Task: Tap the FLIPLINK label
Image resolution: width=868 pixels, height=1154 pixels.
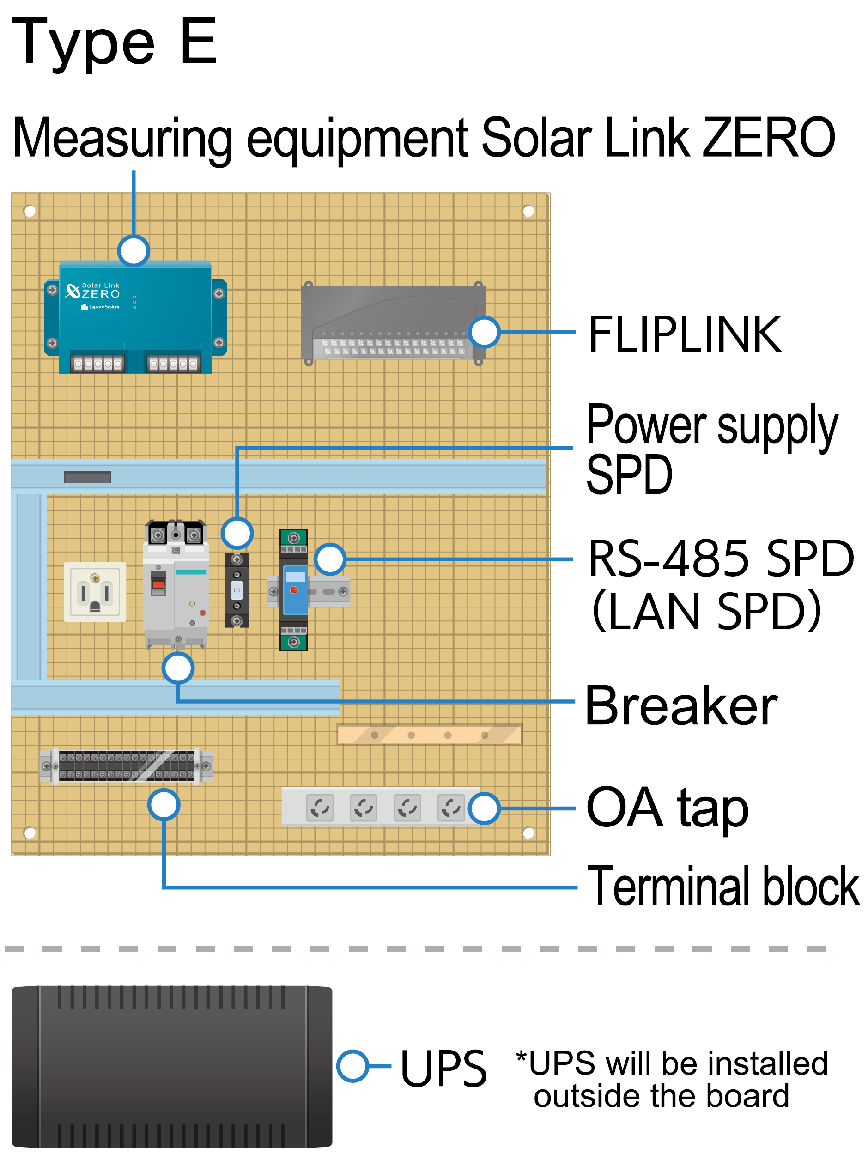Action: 685,334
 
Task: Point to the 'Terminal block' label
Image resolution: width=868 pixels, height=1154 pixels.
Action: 723,887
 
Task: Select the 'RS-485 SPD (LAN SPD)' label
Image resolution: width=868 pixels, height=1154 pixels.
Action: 720,584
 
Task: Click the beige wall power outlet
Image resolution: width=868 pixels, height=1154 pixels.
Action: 95,592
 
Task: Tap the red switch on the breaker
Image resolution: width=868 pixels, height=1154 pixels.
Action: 158,584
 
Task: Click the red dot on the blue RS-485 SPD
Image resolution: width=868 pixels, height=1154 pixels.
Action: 294,590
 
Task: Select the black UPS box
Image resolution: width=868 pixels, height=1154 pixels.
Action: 172,1066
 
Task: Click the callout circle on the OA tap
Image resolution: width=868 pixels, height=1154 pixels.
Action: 484,808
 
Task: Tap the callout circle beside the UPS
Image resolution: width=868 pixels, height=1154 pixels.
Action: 352,1066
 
